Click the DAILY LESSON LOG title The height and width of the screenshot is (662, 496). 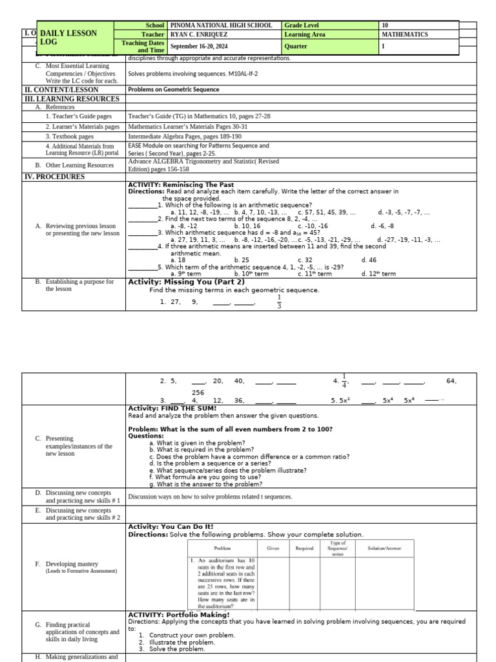coord(68,37)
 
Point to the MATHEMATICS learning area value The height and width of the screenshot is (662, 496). coord(405,35)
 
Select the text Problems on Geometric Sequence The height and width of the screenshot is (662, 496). coord(174,90)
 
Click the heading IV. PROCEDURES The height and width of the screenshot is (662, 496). coord(54,176)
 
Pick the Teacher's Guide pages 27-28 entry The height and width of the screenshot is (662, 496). coord(199,116)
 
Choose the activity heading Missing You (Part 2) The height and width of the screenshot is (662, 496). coord(186,282)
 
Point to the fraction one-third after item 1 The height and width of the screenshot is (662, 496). coord(279,302)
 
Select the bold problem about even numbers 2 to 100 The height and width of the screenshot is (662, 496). coord(231,429)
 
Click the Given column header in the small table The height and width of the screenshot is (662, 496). coord(272,548)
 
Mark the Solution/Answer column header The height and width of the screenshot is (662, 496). coord(384,548)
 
